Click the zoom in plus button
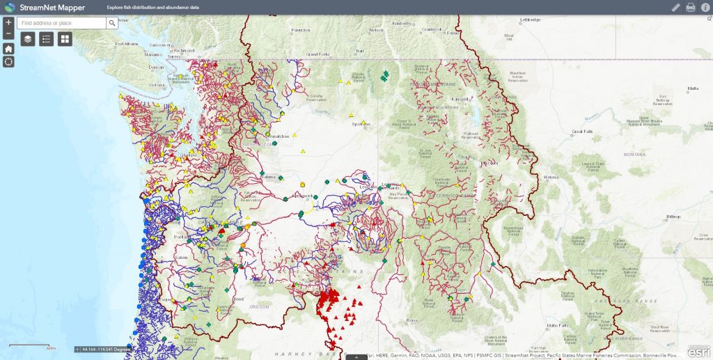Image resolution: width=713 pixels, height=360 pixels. (8, 23)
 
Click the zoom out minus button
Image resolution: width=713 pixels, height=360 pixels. (8, 34)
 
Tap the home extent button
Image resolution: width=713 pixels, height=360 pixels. (8, 49)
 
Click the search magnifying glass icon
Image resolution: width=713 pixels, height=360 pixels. (112, 23)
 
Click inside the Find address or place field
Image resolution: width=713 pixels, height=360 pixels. (61, 23)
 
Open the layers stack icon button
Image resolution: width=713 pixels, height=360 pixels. (28, 39)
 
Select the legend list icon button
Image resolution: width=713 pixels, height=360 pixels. (47, 39)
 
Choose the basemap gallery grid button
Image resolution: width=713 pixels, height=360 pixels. (65, 39)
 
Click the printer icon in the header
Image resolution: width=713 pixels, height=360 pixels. (691, 8)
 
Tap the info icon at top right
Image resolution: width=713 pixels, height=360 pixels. (705, 8)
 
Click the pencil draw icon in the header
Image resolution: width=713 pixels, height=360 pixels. (675, 8)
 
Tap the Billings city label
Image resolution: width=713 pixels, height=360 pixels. (673, 217)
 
